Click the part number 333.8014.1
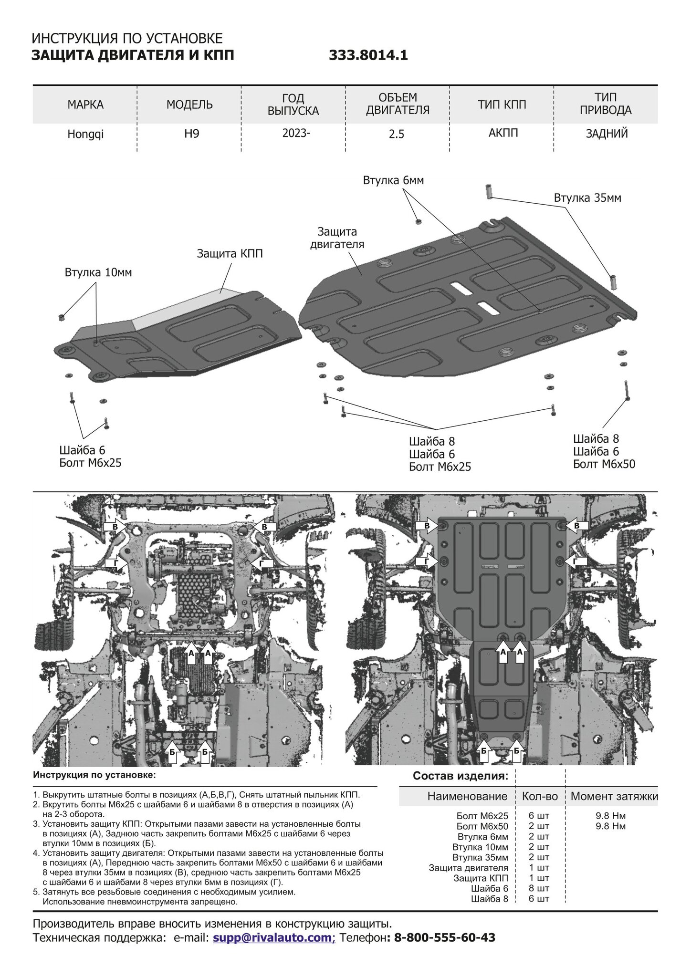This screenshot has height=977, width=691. point(368,56)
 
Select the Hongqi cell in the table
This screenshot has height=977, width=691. point(85,135)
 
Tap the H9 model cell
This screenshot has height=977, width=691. point(192,134)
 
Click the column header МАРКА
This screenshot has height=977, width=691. point(85,104)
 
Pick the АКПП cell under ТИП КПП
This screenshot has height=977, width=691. point(503,133)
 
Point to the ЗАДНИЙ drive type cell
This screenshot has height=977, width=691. point(607,134)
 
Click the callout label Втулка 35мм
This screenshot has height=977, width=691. point(587,197)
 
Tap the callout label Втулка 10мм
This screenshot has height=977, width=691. point(98,272)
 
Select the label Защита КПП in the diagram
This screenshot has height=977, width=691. point(230,254)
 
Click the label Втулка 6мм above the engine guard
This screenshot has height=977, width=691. point(393,180)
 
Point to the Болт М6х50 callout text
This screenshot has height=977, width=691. point(604,464)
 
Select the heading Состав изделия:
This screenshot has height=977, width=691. point(461,776)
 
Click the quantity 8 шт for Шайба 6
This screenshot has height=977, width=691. point(539,888)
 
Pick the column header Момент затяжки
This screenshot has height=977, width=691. point(614,796)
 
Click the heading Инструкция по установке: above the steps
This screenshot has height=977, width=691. point(94,775)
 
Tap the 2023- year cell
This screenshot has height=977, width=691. point(296,133)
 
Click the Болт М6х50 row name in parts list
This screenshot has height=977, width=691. point(482,826)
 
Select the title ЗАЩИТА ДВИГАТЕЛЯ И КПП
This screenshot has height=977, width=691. point(133,56)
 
